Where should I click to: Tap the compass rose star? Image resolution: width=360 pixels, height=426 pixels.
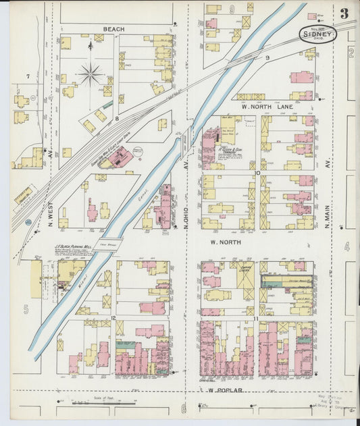click(x=90, y=74)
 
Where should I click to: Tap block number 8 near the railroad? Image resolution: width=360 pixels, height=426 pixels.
click(x=117, y=119)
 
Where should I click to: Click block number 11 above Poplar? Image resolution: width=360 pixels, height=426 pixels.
click(x=255, y=317)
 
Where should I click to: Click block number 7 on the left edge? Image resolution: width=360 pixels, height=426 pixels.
click(x=28, y=77)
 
